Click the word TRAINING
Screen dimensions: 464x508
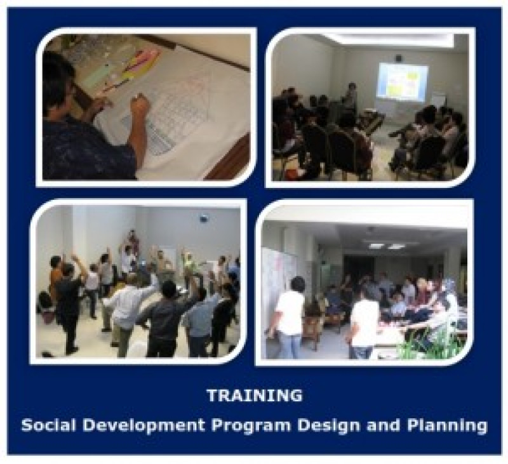pyautogui.click(x=254, y=395)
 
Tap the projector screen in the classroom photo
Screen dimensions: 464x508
pyautogui.click(x=402, y=82)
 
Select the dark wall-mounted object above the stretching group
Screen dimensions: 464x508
pyautogui.click(x=203, y=218)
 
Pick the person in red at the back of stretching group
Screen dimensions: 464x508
pyautogui.click(x=132, y=241)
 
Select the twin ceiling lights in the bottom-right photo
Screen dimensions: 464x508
pyautogui.click(x=386, y=245)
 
